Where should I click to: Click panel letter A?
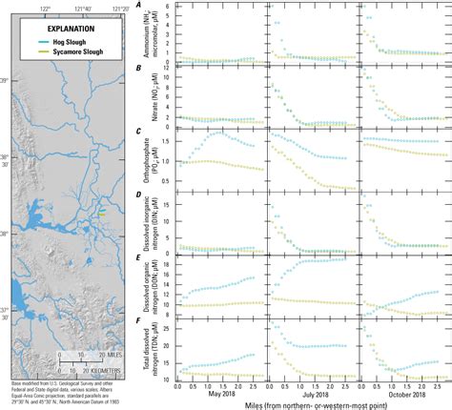[140, 6]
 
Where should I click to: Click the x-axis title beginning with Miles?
[305, 404]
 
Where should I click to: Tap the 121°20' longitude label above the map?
[120, 7]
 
